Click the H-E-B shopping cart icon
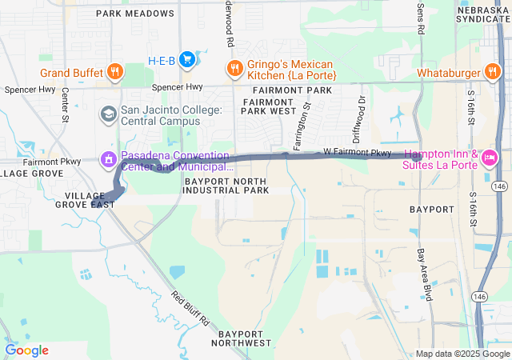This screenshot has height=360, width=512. (x=186, y=59)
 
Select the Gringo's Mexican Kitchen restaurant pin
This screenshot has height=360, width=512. (x=234, y=68)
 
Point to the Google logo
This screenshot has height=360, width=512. (x=26, y=350)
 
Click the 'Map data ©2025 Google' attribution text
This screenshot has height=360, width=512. (x=462, y=354)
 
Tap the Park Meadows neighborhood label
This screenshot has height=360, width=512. (x=134, y=14)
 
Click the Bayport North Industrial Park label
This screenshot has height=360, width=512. (x=227, y=186)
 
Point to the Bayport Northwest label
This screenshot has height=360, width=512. (x=241, y=337)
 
